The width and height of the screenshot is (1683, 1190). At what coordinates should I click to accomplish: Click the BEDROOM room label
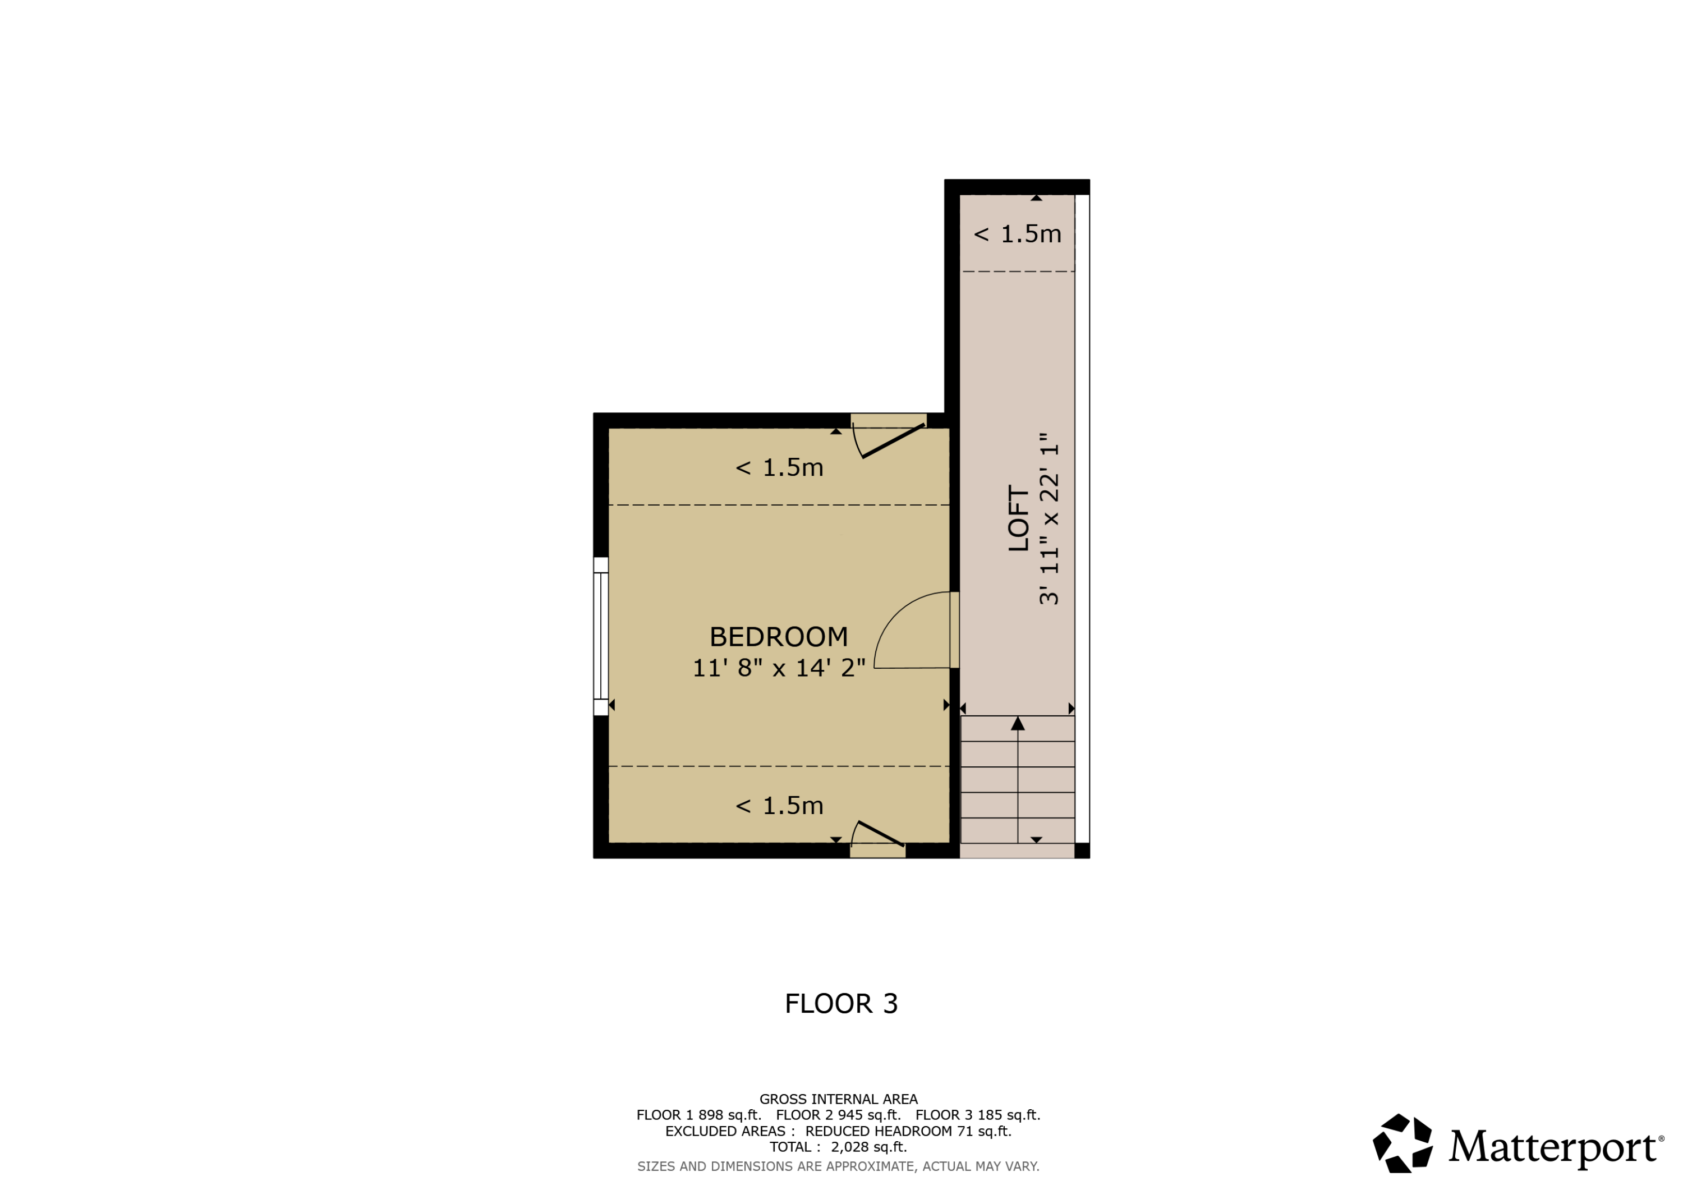(779, 636)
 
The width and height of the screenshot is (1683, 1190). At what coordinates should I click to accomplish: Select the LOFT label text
(1019, 518)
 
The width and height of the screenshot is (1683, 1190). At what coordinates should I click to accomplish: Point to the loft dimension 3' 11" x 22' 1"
(1050, 518)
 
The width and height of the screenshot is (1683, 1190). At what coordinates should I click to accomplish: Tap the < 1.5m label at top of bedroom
(779, 467)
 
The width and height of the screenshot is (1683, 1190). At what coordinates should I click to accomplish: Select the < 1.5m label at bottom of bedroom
(779, 805)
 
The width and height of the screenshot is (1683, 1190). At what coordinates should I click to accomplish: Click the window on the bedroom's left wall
(600, 636)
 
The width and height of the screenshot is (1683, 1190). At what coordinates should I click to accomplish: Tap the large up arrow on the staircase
(1018, 724)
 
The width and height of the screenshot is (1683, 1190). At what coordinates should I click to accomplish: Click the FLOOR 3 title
(841, 1004)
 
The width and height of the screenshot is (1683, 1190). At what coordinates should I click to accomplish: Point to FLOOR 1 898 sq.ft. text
(698, 1115)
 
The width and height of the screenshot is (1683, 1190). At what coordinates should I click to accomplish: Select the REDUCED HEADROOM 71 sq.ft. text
(908, 1131)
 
